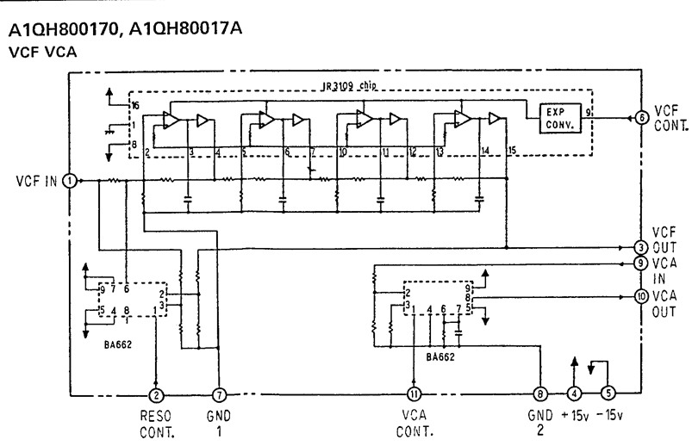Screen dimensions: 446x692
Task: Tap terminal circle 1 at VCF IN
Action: click(x=71, y=180)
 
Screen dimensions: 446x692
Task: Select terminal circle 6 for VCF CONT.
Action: click(x=641, y=117)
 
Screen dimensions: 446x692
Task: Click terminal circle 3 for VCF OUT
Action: click(x=641, y=247)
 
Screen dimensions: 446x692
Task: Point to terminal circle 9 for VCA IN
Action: click(x=641, y=263)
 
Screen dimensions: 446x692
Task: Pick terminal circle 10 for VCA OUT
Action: click(x=641, y=296)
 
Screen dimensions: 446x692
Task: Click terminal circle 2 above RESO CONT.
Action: click(x=156, y=396)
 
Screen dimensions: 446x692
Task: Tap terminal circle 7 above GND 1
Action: click(x=220, y=396)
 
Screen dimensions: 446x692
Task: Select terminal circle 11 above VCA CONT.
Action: click(x=415, y=396)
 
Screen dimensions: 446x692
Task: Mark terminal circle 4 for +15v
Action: click(x=574, y=396)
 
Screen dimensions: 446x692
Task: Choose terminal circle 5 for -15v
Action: click(x=608, y=396)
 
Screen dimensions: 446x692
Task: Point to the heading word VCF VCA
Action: click(x=42, y=52)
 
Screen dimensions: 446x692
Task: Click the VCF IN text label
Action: click(x=36, y=181)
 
